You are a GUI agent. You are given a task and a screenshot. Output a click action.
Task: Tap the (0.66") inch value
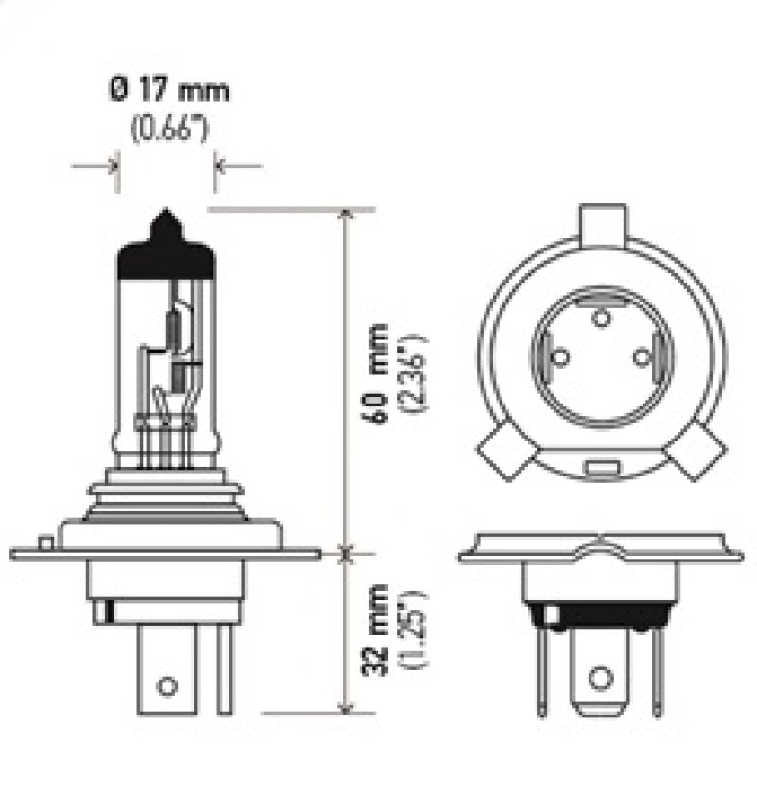(x=168, y=128)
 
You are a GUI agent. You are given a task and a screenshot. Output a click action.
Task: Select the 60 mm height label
(x=378, y=373)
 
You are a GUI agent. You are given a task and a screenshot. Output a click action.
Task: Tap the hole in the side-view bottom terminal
(x=167, y=684)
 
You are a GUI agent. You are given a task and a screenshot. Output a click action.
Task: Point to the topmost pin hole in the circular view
(x=599, y=317)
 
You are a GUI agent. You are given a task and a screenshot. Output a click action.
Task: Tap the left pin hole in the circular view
(x=558, y=357)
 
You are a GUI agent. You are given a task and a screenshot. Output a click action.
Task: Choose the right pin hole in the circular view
(x=642, y=357)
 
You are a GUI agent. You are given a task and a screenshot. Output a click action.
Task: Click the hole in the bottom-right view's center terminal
(x=599, y=677)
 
